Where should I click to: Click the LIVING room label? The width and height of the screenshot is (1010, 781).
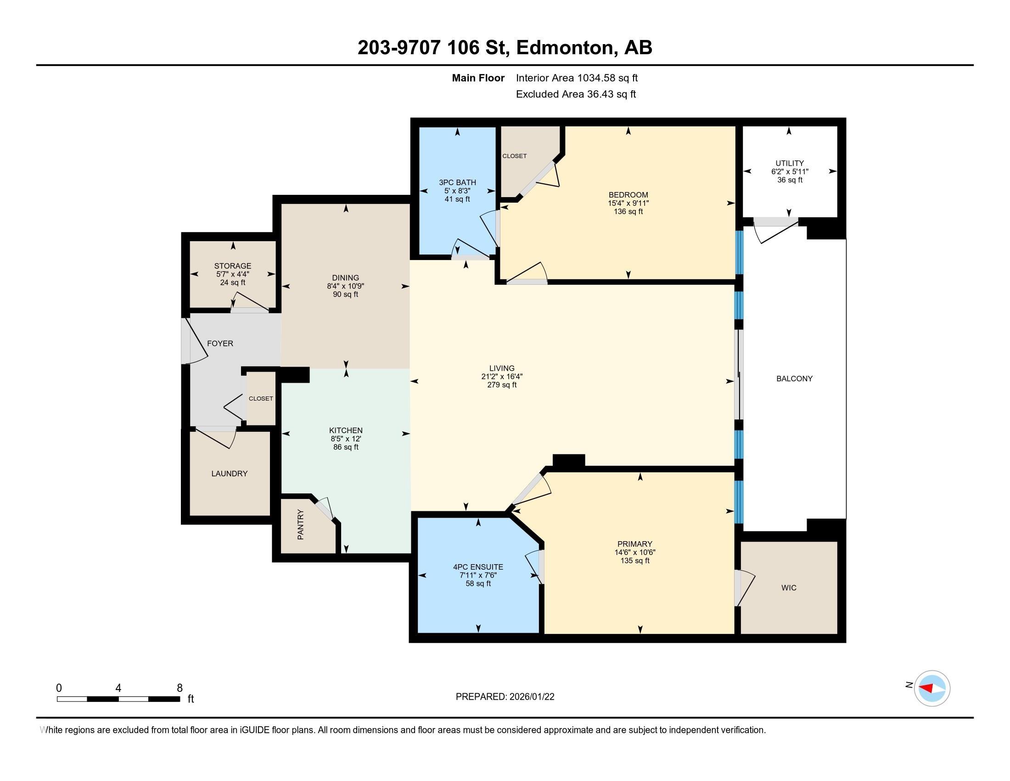pyautogui.click(x=502, y=368)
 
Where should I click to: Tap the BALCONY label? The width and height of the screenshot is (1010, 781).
pyautogui.click(x=794, y=379)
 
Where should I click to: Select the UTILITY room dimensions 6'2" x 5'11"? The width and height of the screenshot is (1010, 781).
pyautogui.click(x=790, y=171)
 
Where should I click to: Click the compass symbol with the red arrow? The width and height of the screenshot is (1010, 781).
pyautogui.click(x=932, y=688)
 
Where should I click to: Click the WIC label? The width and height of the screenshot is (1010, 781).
pyautogui.click(x=788, y=588)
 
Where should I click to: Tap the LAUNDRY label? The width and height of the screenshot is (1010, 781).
pyautogui.click(x=230, y=473)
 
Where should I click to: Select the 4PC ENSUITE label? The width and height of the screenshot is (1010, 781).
pyautogui.click(x=478, y=567)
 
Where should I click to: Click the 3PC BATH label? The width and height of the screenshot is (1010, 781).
pyautogui.click(x=457, y=182)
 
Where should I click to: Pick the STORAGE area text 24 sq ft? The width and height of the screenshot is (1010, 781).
pyautogui.click(x=233, y=282)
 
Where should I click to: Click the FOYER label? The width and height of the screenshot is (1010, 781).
pyautogui.click(x=220, y=343)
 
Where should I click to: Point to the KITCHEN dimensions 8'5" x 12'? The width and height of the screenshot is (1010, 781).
pyautogui.click(x=345, y=439)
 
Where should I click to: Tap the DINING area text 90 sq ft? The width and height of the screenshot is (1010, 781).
pyautogui.click(x=345, y=294)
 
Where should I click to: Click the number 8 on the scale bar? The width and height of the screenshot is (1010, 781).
pyautogui.click(x=180, y=688)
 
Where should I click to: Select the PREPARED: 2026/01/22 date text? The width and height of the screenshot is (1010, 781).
pyautogui.click(x=505, y=696)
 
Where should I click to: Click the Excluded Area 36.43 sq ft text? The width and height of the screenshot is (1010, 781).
pyautogui.click(x=575, y=94)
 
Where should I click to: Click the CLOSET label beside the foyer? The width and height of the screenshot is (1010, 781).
pyautogui.click(x=261, y=398)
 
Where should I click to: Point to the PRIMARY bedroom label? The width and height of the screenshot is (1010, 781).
pyautogui.click(x=634, y=543)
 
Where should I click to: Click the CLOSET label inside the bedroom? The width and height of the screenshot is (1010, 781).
pyautogui.click(x=514, y=156)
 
